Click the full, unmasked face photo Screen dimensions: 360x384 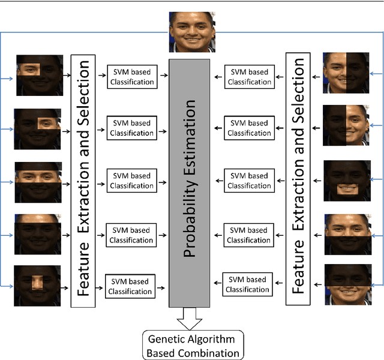(191, 32)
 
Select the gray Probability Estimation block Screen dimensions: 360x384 (190, 180)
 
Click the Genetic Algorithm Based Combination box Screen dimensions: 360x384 (193, 345)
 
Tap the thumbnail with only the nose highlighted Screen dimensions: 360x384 (37, 286)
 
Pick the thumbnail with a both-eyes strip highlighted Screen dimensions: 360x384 (37, 178)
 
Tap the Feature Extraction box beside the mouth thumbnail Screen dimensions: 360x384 (298, 180)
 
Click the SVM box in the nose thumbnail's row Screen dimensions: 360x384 (130, 287)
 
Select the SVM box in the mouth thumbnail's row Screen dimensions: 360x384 (249, 181)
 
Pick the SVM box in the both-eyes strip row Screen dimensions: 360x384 (131, 181)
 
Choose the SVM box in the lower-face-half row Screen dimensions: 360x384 (245, 284)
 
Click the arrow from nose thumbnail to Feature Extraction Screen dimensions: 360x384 (65, 286)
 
